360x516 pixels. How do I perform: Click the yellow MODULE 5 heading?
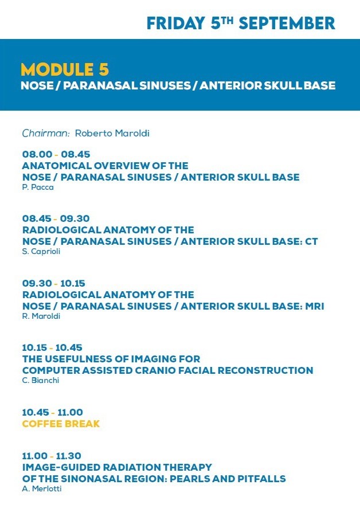[65, 69]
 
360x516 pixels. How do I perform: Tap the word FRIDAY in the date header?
[176, 24]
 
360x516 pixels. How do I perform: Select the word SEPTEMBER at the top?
[287, 24]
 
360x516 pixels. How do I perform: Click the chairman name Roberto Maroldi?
[112, 133]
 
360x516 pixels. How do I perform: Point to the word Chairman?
[46, 133]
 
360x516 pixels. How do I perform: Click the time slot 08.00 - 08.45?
[56, 154]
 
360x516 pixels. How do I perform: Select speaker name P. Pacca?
[38, 187]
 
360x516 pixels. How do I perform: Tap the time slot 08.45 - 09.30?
[56, 218]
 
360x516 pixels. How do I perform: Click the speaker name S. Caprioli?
[41, 252]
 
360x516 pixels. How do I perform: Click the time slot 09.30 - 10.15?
[54, 283]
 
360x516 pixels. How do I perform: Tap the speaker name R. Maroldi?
[41, 316]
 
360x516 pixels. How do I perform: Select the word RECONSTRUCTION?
[265, 370]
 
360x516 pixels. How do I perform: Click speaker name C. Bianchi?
[41, 381]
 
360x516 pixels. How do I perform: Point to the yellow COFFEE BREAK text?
[61, 424]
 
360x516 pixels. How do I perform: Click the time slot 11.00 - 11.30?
[52, 456]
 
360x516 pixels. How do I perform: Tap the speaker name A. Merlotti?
[42, 488]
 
